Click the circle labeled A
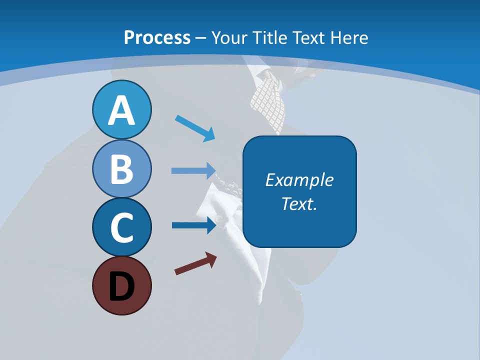(x=121, y=109)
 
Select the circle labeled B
(x=121, y=168)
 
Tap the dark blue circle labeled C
(x=121, y=227)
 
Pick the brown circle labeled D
(x=121, y=285)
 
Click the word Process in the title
(x=157, y=37)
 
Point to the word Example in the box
(x=299, y=180)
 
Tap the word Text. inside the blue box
(x=299, y=204)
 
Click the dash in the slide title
(x=201, y=38)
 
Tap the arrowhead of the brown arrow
(x=211, y=258)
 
